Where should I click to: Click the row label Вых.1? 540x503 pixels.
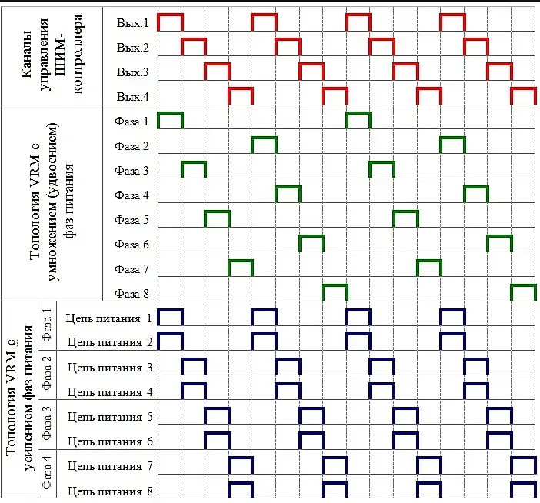point(133,24)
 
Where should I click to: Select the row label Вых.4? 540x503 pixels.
point(133,97)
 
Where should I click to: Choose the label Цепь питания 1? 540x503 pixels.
point(108,318)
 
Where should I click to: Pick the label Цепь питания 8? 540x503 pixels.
point(108,490)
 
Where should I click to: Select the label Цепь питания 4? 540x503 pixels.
point(108,391)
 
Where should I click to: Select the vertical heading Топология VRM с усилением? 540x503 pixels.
point(18,399)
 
